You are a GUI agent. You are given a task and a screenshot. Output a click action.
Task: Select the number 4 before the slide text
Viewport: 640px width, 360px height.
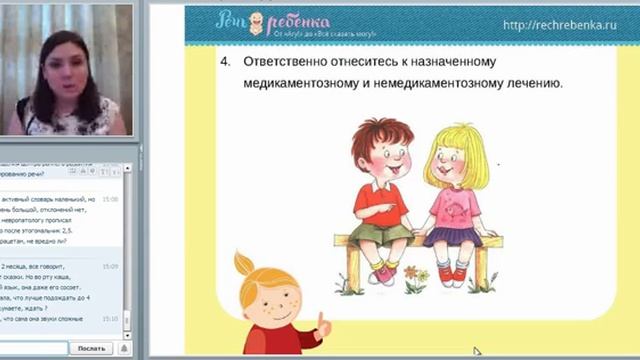pyautogui.click(x=224, y=62)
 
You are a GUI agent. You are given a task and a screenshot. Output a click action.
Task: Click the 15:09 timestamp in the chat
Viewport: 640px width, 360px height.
pyautogui.click(x=110, y=267)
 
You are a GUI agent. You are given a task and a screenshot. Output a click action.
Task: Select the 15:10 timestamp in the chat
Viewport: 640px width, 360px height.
pyautogui.click(x=110, y=318)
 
